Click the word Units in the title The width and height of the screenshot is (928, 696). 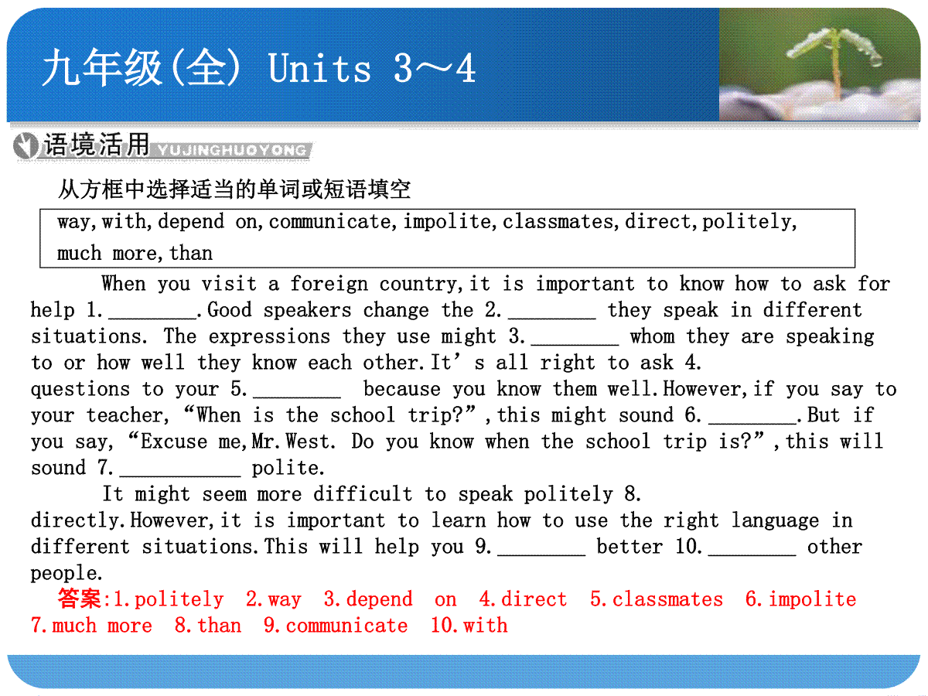[x=319, y=67]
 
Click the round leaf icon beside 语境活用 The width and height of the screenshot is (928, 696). [x=26, y=146]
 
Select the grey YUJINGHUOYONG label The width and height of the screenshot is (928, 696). [x=232, y=150]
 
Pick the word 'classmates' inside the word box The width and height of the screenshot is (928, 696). [x=558, y=221]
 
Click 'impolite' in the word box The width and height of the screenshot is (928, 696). [x=447, y=222]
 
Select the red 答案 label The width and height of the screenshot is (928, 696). [x=80, y=599]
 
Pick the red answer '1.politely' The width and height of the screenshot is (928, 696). [x=169, y=600]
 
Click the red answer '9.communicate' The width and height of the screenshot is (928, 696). [x=336, y=626]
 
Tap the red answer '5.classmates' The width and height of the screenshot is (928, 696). [x=656, y=599]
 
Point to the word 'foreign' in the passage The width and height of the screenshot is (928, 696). [x=329, y=285]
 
